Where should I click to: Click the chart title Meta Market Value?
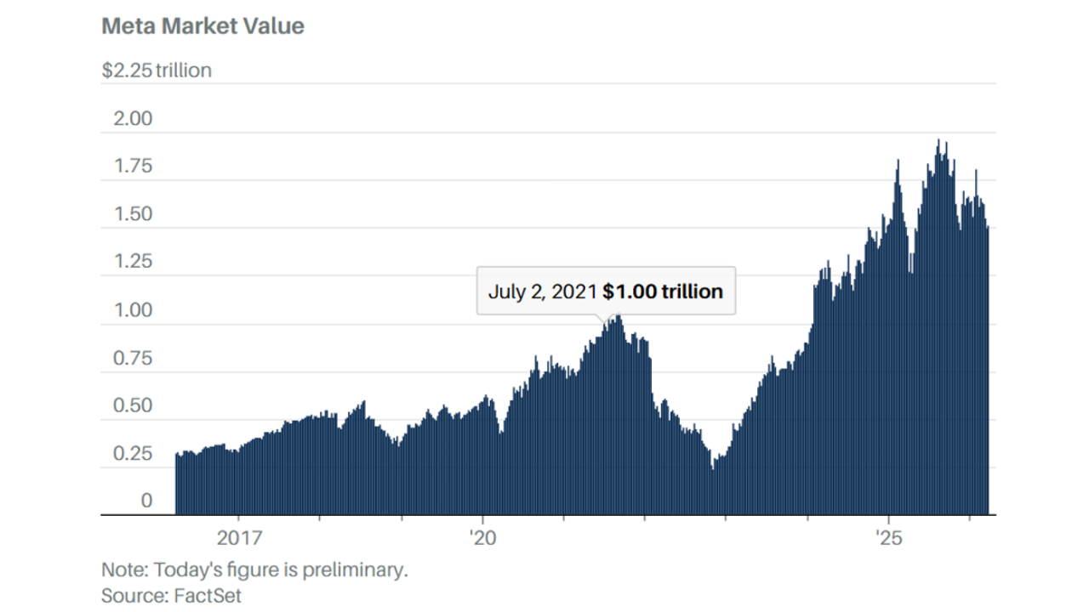[x=202, y=26]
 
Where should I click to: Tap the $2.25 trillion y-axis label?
[x=157, y=71]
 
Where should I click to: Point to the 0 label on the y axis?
[x=146, y=501]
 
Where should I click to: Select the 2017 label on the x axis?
[x=239, y=538]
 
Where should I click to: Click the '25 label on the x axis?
[x=888, y=538]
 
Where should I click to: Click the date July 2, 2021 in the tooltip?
[x=542, y=292]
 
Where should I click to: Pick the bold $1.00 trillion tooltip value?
[x=663, y=292]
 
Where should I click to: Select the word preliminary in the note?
[x=356, y=569]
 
